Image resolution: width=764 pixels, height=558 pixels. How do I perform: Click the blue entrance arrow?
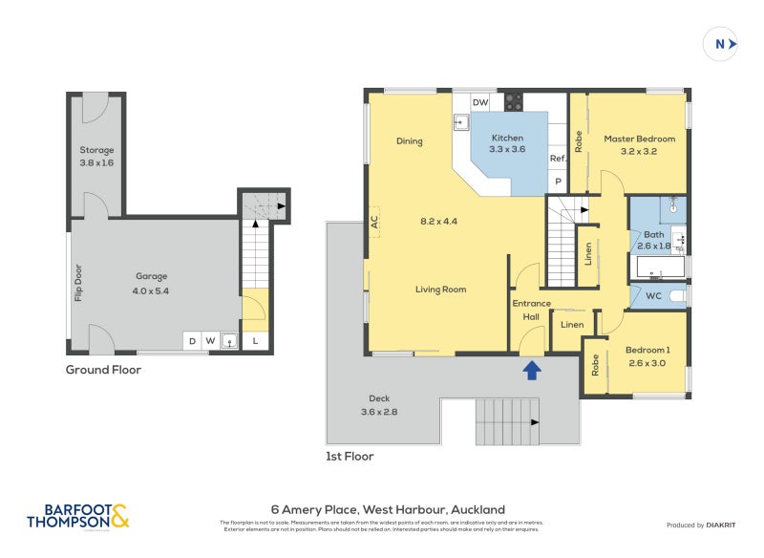(532, 368)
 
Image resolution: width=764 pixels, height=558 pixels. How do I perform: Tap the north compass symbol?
(724, 44)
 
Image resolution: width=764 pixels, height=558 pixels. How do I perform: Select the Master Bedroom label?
(639, 144)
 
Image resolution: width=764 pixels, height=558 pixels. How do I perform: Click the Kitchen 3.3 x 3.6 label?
(507, 143)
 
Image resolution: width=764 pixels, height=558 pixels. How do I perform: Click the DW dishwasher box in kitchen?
(480, 102)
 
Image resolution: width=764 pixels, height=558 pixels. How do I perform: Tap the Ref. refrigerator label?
(558, 159)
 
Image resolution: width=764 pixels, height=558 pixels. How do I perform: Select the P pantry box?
(559, 182)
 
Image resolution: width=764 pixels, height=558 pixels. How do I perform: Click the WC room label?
(653, 296)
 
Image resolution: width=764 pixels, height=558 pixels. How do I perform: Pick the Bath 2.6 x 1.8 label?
(653, 239)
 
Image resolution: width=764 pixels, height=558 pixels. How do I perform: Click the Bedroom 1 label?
(648, 355)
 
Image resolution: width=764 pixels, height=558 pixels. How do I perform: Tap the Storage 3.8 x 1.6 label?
(96, 156)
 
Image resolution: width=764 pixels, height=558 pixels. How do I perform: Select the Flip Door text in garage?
(78, 283)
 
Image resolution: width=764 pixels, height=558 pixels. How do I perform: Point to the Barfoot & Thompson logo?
(77, 517)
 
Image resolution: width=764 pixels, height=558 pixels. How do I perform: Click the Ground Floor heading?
(103, 369)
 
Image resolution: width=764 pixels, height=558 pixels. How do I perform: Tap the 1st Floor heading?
(350, 457)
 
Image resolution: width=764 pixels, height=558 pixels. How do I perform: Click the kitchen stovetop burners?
(513, 101)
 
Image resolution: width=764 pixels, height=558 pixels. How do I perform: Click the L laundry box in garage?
(255, 340)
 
